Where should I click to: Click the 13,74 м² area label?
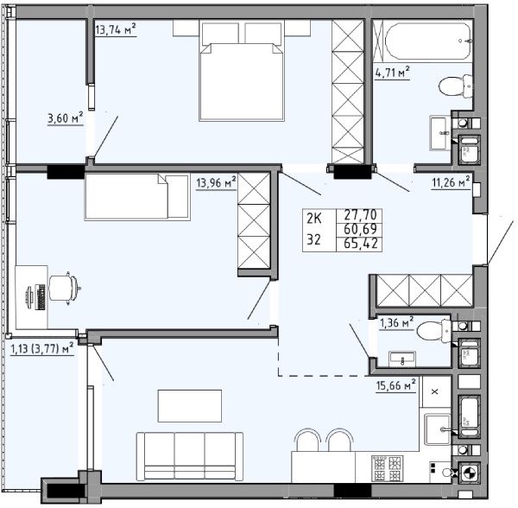[x=116, y=29]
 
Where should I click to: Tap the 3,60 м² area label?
[x=65, y=118]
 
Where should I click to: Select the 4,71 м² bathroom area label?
[x=393, y=72]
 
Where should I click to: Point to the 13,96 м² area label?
[x=216, y=182]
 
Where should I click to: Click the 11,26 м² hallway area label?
[x=451, y=181]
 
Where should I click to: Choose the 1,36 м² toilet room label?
[x=397, y=322]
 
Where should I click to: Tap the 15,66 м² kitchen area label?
[x=395, y=385]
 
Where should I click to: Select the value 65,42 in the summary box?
[x=360, y=244]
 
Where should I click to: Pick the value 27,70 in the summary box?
[x=360, y=215]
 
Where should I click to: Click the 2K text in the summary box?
[x=314, y=219]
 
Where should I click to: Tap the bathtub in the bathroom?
[x=428, y=41]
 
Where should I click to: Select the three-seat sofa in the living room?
[x=190, y=456]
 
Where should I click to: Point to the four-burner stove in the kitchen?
[x=387, y=468]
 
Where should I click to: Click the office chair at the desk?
[x=65, y=288]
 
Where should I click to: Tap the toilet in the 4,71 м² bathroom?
[x=456, y=86]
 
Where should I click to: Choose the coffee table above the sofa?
[x=190, y=406]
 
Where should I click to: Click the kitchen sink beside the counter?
[x=437, y=429]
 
